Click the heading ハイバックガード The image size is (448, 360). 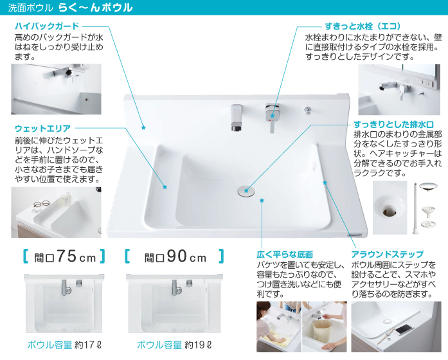pos(47,26)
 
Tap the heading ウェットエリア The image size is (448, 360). pos(42,129)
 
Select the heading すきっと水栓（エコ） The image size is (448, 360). pos(363,26)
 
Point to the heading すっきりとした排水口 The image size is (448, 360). pos(394,124)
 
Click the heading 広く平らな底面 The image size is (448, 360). pos(285,255)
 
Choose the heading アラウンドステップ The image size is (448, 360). pos(388,254)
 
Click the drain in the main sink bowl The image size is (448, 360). pos(246,191)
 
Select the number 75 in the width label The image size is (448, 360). pos(66,256)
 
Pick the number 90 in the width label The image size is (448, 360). pos(176,256)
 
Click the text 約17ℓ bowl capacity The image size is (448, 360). pos(87,345)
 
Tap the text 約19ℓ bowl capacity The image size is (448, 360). pos(198,345)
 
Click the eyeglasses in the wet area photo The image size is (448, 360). pos(41,204)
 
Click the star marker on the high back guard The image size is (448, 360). pos(143,128)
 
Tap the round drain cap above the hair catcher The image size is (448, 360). pos(428,186)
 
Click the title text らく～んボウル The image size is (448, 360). pos(95,8)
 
